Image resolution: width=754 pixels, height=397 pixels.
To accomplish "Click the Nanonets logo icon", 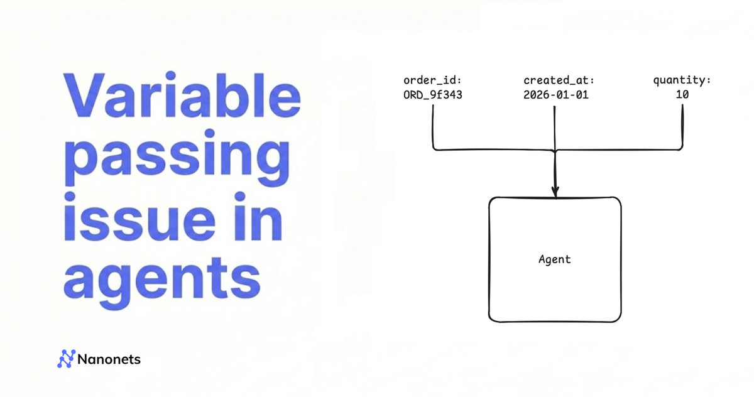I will pos(66,359).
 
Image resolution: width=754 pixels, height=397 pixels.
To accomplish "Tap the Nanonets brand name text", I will pos(109,359).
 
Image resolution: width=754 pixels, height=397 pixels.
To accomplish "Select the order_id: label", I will pos(433,81).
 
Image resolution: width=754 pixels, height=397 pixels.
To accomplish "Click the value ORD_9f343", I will pos(433,95).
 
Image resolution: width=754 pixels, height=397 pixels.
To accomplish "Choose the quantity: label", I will pos(682,81).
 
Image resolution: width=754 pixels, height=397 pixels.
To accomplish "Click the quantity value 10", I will pos(682,95).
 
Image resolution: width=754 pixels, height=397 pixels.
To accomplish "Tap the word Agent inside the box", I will pos(555,259).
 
